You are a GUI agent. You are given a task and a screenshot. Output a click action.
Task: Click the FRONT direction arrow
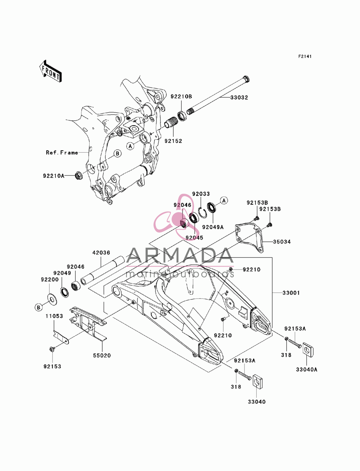click(50, 71)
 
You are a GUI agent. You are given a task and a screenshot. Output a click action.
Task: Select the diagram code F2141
click(305, 56)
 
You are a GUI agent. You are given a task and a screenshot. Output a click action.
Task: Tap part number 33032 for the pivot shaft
click(239, 98)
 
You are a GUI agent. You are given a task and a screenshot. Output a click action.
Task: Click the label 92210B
click(181, 96)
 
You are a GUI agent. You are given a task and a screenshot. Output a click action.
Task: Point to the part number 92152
click(173, 141)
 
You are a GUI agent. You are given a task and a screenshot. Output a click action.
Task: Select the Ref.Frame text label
click(62, 153)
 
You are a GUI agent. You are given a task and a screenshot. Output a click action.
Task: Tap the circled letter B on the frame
click(117, 153)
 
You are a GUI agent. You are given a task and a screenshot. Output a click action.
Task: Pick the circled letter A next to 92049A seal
click(224, 201)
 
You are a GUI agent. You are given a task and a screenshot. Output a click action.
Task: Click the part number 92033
click(201, 194)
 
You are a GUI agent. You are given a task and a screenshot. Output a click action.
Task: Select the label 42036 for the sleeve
click(101, 253)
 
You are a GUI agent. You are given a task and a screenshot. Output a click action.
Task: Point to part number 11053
click(54, 316)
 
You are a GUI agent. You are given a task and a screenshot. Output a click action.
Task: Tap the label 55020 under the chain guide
click(102, 355)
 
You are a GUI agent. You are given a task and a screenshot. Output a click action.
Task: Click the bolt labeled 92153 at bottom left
click(52, 349)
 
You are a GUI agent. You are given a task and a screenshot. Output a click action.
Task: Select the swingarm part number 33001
click(291, 293)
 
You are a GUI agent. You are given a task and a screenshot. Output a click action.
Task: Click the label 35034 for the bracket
click(282, 242)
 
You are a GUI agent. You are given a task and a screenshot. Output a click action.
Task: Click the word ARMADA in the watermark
click(180, 255)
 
